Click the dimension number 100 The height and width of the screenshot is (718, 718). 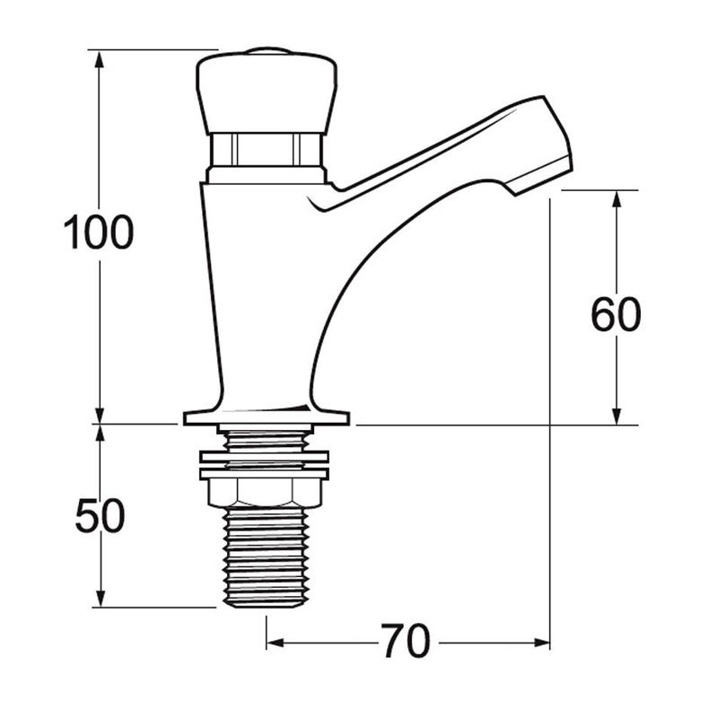[x=99, y=232]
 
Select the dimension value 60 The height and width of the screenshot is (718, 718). [x=616, y=315]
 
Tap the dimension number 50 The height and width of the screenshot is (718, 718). [x=100, y=516]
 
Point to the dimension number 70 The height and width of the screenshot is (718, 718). [x=406, y=640]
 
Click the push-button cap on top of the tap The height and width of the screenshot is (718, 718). [x=267, y=95]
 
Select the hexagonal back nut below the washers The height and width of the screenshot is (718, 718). [x=265, y=493]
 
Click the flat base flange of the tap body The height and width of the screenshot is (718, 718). [x=267, y=417]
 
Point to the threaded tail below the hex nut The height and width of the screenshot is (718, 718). [x=265, y=557]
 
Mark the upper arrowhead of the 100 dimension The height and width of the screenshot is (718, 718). [x=99, y=59]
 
